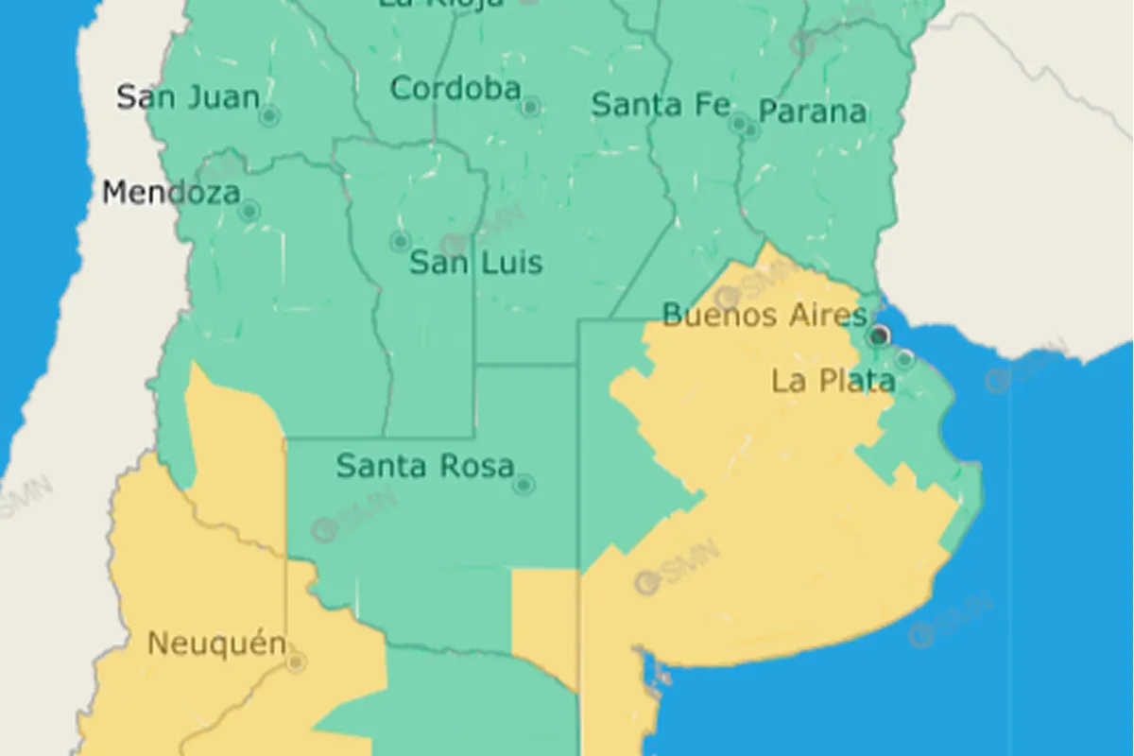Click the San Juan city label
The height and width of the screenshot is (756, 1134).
tap(187, 96)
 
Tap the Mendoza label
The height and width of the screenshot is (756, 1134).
tap(171, 193)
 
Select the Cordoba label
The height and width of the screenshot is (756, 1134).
tap(455, 89)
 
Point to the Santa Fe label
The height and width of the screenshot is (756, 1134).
tap(661, 105)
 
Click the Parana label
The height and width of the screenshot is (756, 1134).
tap(813, 112)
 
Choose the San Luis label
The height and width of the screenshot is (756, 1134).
tap(476, 262)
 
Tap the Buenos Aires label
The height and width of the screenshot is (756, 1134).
tap(764, 315)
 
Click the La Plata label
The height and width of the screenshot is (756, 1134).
tap(833, 381)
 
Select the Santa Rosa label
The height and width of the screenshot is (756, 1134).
tap(425, 465)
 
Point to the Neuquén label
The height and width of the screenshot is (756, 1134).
tap(216, 644)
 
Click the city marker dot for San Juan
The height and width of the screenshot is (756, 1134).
tap(269, 116)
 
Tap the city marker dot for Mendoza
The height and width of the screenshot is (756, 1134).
tap(249, 211)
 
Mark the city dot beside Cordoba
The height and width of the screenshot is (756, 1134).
tap(530, 107)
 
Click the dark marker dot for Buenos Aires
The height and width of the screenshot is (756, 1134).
tap(880, 335)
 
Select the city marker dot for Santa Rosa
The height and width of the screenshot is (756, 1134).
tap(524, 485)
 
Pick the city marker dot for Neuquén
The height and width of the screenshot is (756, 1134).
tap(296, 662)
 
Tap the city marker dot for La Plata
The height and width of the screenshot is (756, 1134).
tap(904, 359)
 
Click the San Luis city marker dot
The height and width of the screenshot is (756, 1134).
tap(401, 241)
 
